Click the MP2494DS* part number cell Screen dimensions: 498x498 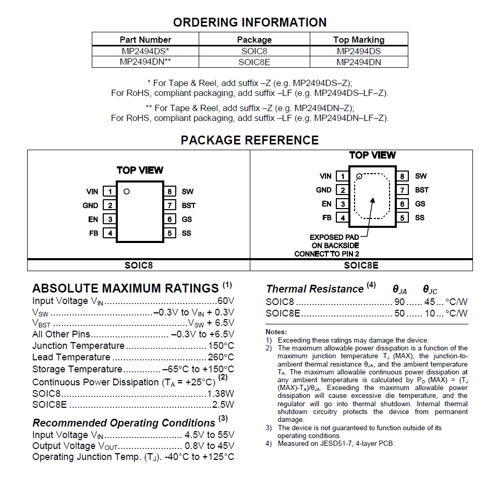tap(145, 51)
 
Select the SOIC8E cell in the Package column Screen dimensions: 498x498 tap(254, 62)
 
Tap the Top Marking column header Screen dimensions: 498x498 tap(359, 40)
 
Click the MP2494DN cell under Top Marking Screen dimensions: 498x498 tap(359, 62)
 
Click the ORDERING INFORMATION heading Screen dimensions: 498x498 tap(250, 22)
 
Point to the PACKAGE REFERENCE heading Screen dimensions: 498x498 tap(250, 140)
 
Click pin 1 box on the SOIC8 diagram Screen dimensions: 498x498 tap(110, 191)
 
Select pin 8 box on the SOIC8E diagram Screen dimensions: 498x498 tap(402, 176)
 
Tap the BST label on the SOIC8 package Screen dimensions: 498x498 tap(188, 205)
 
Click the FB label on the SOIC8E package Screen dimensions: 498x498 tap(327, 218)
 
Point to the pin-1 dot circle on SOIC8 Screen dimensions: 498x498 tap(127, 191)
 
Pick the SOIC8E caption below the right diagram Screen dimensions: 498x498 tap(361, 265)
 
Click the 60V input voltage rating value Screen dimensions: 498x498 tap(225, 301)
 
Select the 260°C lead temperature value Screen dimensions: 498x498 tap(221, 357)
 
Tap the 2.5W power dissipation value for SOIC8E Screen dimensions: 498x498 tap(223, 405)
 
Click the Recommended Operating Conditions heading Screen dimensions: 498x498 tap(124, 423)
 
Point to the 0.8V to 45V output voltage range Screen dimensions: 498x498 tap(209, 446)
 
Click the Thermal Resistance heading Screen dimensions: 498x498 tap(314, 289)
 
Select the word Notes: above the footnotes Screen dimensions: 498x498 tap(276, 332)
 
